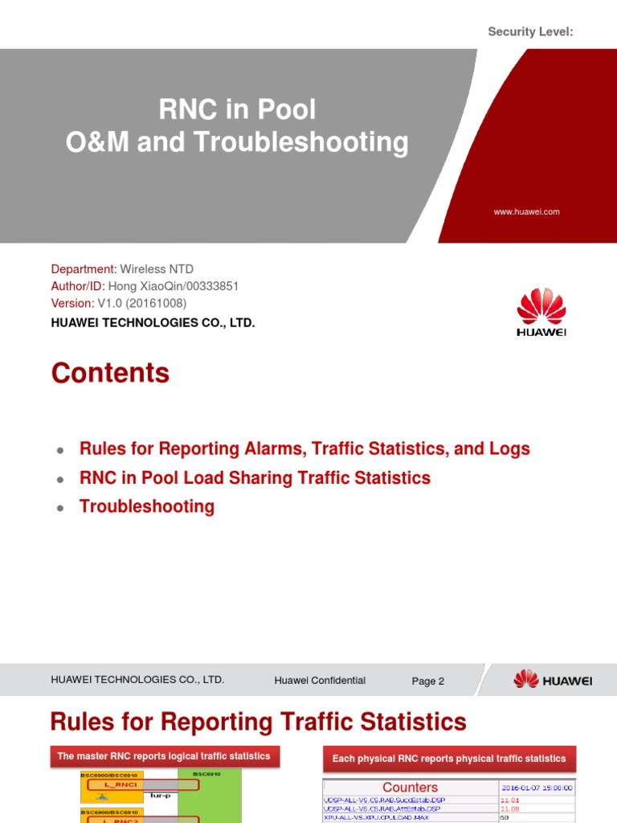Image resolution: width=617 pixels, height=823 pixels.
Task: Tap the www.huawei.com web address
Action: tap(526, 212)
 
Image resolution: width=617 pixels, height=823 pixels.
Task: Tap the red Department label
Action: tap(84, 269)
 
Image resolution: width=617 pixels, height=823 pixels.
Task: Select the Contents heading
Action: tap(110, 373)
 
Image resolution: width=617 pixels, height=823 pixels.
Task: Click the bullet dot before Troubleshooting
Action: tap(60, 508)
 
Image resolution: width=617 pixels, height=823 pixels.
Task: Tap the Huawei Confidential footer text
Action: tap(320, 681)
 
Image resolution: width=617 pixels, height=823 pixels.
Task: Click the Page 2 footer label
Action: tap(427, 682)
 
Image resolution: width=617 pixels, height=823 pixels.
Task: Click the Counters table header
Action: tap(410, 788)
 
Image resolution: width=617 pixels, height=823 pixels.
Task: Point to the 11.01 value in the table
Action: tap(510, 800)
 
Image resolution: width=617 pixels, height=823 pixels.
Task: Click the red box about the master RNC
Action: tap(164, 756)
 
